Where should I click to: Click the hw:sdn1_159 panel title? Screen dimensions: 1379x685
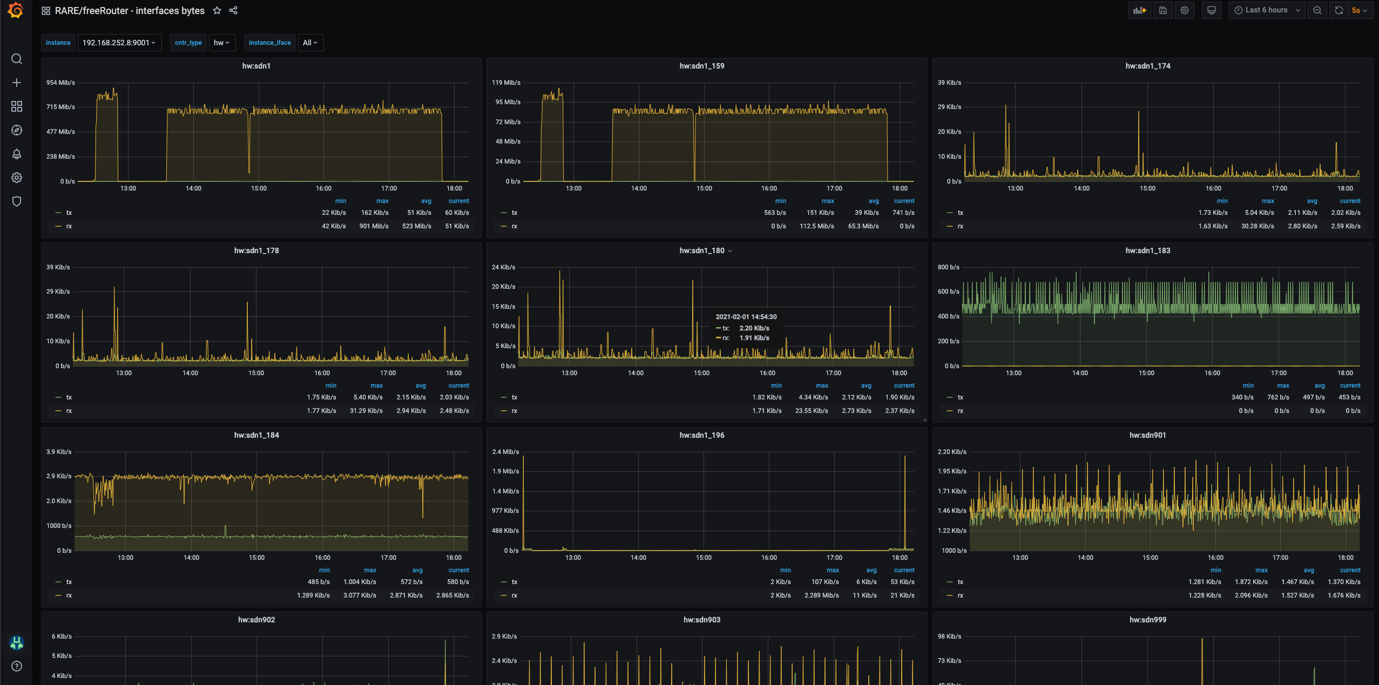click(701, 66)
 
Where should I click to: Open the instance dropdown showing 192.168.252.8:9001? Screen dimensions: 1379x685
click(119, 43)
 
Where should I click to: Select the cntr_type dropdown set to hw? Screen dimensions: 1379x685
click(222, 43)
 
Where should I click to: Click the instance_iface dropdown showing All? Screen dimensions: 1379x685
click(310, 43)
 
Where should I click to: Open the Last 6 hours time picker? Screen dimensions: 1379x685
click(1267, 10)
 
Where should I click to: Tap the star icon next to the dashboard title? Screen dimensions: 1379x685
click(217, 10)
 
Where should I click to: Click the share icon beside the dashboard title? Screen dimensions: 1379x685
click(233, 10)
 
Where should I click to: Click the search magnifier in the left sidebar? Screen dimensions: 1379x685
click(17, 59)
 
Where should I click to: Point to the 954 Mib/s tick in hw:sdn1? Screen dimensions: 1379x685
click(60, 83)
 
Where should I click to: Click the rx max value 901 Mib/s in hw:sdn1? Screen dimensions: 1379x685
click(374, 226)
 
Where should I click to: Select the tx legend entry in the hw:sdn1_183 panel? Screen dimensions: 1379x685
click(960, 397)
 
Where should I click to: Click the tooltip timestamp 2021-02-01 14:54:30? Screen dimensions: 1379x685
click(746, 317)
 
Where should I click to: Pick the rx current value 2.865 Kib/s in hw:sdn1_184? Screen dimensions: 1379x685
click(452, 595)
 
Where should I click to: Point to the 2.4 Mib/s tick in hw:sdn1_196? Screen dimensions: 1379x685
click(505, 452)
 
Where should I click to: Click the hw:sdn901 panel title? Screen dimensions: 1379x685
click(1147, 435)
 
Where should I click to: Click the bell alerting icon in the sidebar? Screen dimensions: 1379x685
click(17, 154)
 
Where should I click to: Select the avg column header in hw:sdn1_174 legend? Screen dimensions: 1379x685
click(1312, 201)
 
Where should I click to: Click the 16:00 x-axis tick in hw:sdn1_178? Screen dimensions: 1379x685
click(322, 373)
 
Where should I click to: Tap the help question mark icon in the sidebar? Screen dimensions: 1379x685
click(17, 666)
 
